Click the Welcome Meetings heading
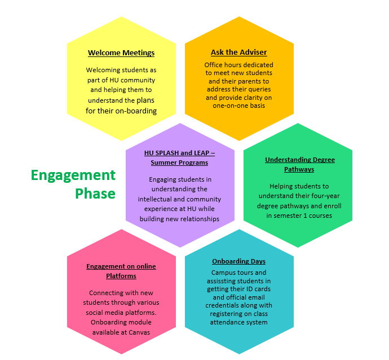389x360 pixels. point(121,53)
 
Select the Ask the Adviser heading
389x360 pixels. point(239,52)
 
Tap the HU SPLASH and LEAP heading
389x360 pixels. point(179,157)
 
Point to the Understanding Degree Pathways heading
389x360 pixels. point(299,164)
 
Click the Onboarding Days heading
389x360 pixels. point(238,261)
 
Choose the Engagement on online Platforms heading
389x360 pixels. point(121,271)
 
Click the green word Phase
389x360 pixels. point(95,194)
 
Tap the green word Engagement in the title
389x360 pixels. point(73,175)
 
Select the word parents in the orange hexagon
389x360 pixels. point(256,81)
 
